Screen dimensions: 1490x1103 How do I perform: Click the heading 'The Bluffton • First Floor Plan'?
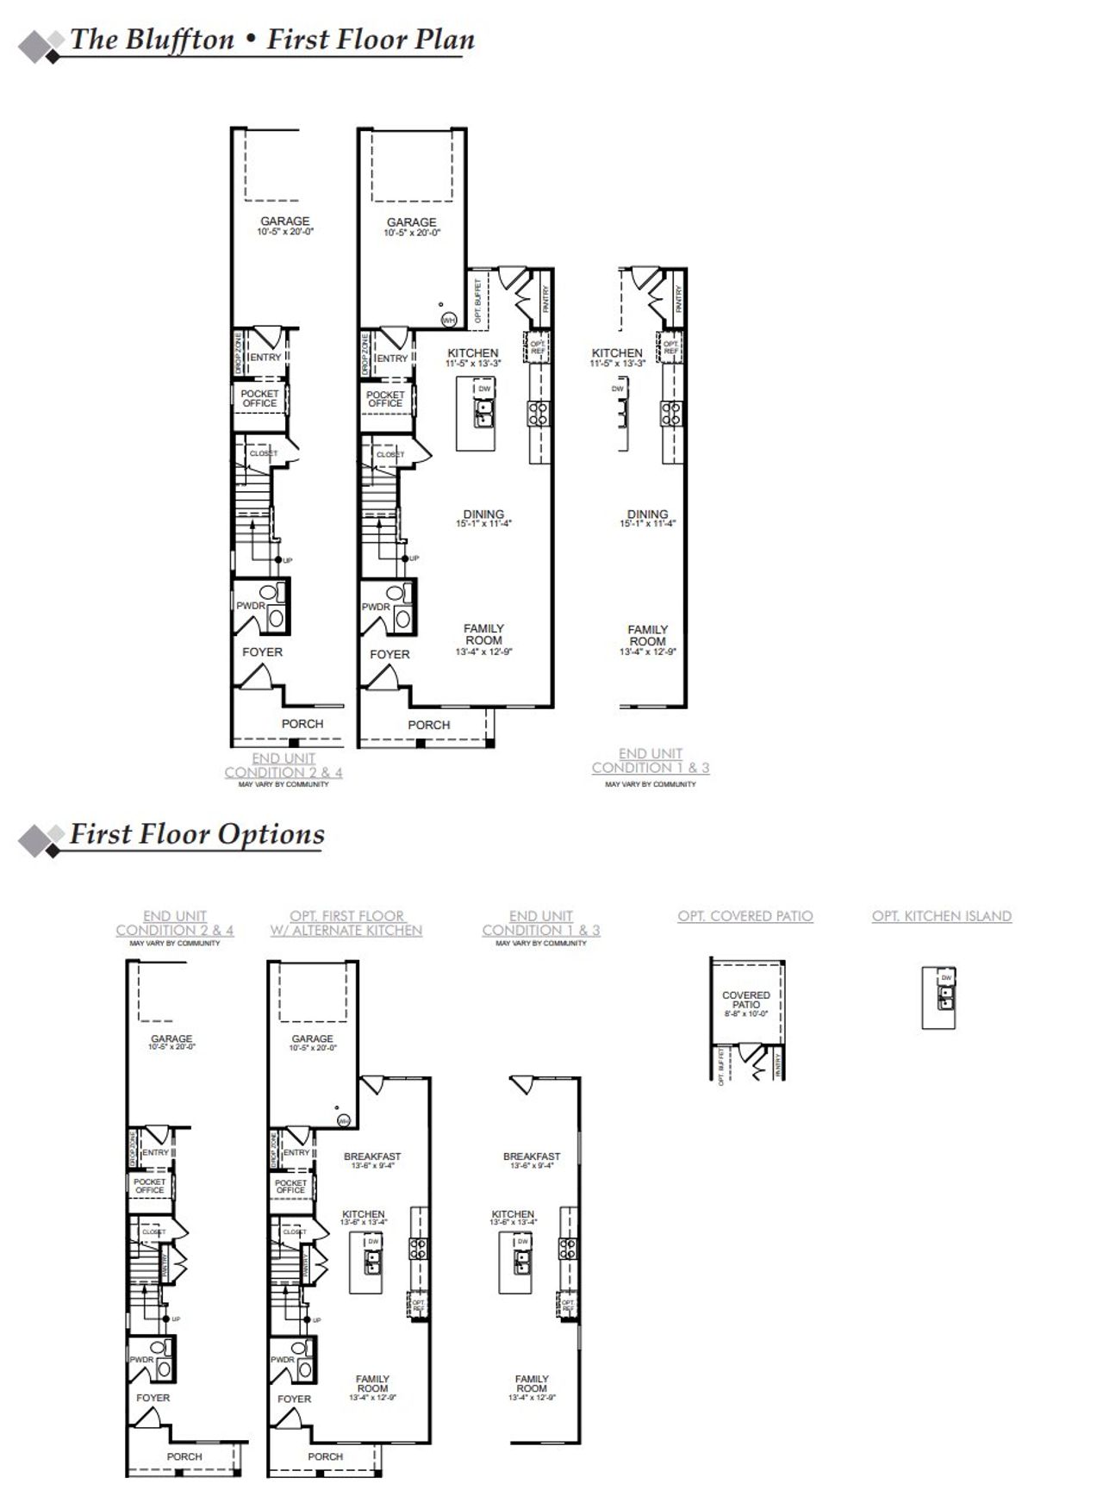[271, 41]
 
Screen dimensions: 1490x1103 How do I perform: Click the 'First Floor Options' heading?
[196, 834]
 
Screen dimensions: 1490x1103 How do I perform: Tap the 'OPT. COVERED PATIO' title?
[745, 916]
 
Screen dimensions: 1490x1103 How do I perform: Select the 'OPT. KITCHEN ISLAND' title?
[941, 916]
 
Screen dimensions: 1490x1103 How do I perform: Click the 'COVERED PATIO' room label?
[746, 1000]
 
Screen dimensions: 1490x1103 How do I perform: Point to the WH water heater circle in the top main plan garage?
[448, 320]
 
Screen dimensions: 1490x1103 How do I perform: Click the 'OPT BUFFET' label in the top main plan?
[479, 300]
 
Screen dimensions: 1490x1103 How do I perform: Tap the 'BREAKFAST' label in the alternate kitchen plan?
[372, 1156]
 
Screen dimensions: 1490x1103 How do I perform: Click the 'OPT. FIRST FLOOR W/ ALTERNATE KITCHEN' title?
[346, 923]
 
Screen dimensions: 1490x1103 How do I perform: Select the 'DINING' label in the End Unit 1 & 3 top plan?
[648, 514]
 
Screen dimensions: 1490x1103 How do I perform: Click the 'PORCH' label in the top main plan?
[429, 725]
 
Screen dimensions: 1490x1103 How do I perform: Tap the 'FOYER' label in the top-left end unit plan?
[262, 652]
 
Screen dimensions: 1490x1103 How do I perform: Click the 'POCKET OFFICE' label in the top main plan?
[385, 399]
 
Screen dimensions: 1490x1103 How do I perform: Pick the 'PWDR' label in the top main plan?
[375, 607]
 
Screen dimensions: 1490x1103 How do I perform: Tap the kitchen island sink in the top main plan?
[483, 414]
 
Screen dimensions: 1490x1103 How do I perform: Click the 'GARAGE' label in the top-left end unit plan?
[285, 221]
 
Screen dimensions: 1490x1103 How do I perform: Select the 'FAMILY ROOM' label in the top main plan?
[483, 635]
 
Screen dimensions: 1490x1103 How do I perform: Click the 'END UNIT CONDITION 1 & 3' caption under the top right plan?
[651, 761]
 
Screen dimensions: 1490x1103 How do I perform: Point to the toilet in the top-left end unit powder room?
[270, 594]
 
